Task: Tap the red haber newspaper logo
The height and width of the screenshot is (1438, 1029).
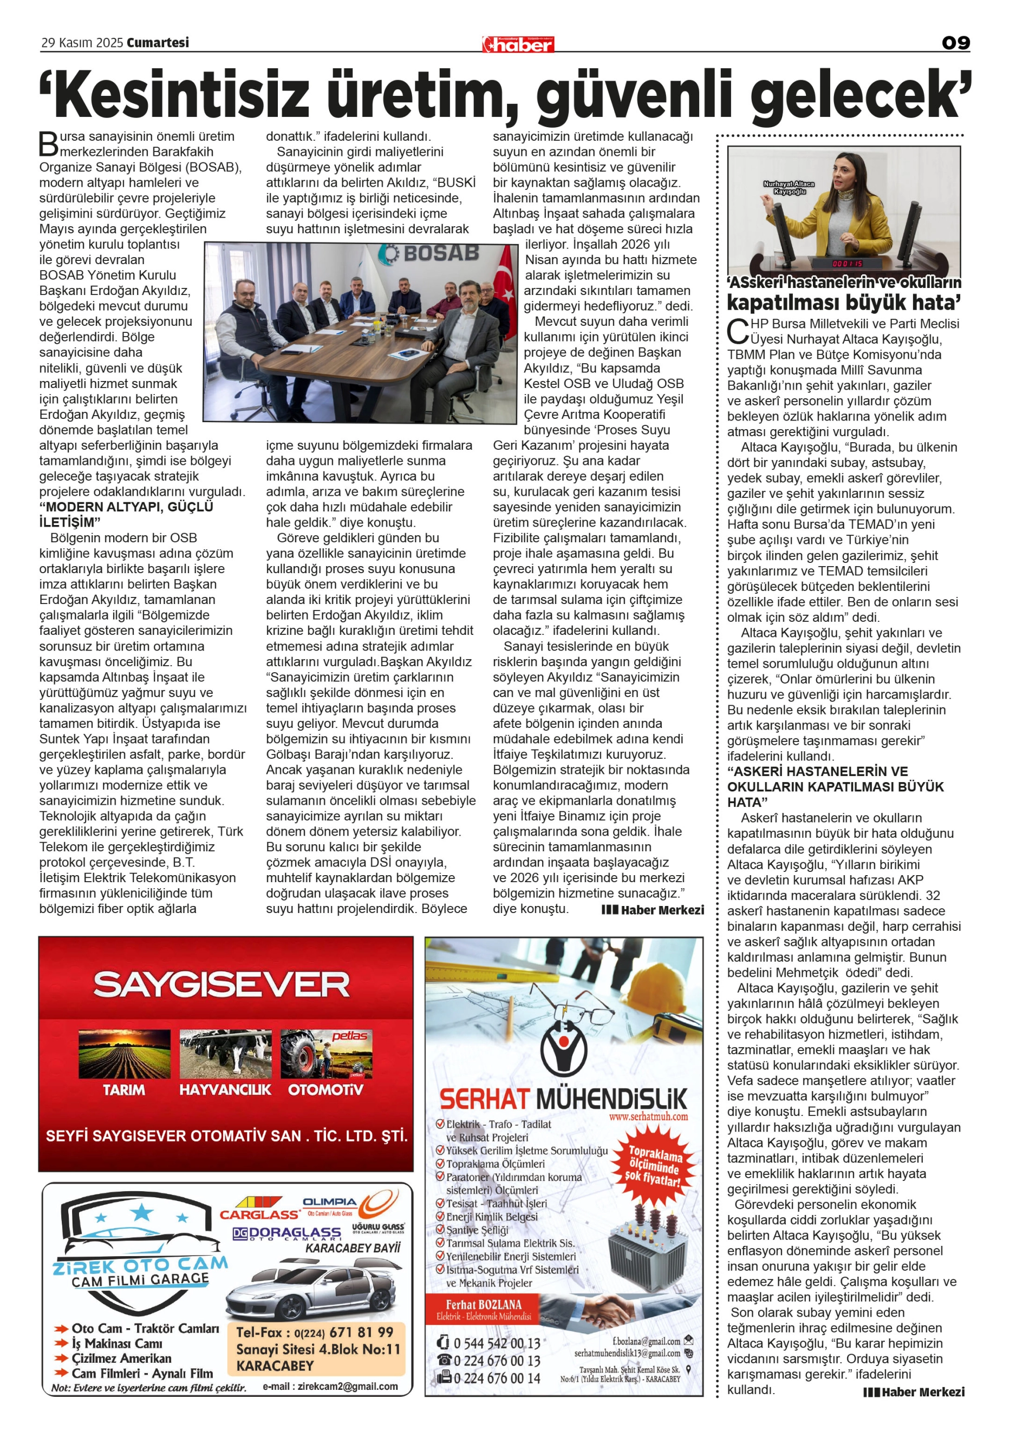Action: tap(518, 44)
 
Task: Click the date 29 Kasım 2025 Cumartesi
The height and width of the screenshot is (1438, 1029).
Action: tap(115, 42)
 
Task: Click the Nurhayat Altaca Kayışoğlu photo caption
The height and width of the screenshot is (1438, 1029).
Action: tap(788, 187)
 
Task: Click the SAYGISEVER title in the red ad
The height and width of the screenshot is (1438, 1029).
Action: tap(221, 985)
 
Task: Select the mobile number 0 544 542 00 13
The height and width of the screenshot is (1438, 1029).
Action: tap(497, 1343)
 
